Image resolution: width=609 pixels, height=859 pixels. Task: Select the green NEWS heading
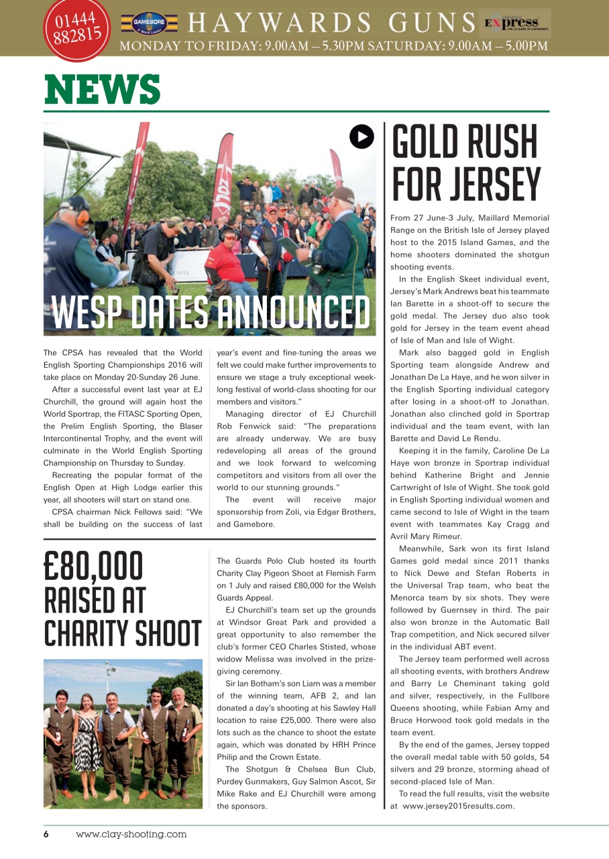coord(103,90)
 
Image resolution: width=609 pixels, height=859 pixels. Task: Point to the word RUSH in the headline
coord(500,143)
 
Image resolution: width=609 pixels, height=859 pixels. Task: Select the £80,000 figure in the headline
coord(93,567)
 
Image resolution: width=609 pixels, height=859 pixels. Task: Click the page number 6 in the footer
coord(46,834)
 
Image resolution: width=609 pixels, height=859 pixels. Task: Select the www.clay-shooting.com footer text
coord(131,834)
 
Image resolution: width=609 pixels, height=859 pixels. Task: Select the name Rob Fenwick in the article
coord(241,426)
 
